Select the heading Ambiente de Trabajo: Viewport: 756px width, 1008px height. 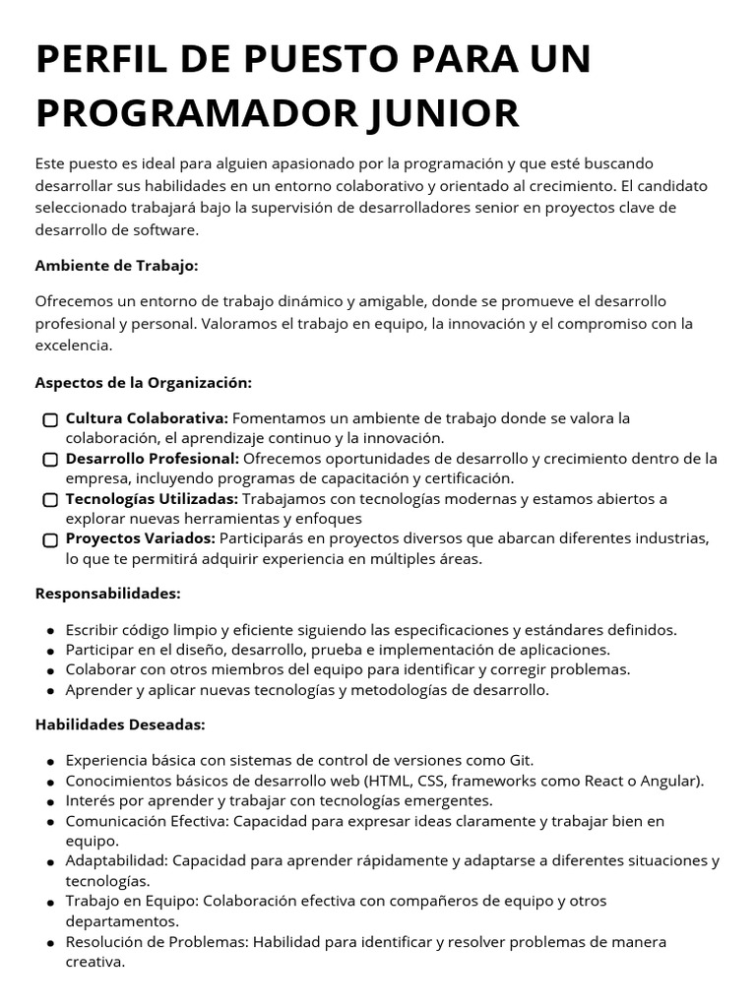click(x=116, y=266)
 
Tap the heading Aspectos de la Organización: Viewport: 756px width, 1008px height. click(x=144, y=382)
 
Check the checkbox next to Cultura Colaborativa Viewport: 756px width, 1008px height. click(x=50, y=420)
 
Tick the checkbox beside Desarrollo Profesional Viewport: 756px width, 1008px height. click(x=50, y=460)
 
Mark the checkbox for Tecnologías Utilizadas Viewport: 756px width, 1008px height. click(x=50, y=500)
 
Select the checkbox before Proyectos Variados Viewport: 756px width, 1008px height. click(x=50, y=540)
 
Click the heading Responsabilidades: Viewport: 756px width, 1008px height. click(x=108, y=594)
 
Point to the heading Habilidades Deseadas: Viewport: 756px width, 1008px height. click(x=120, y=724)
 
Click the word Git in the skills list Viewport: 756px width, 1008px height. click(x=520, y=761)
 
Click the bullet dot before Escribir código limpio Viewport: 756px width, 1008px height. click(x=50, y=631)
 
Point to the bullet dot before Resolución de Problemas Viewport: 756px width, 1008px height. click(x=50, y=943)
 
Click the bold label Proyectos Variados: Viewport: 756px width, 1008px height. click(x=141, y=538)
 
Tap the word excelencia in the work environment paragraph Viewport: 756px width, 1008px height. click(x=74, y=346)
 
